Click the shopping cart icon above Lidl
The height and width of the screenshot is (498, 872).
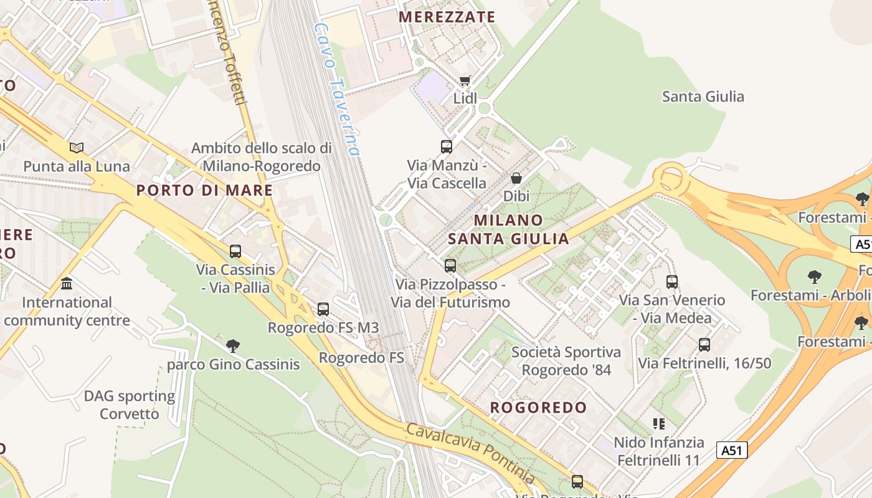[x=465, y=80]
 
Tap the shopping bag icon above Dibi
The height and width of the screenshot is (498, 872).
[x=516, y=178]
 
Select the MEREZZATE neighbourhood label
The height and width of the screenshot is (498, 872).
[x=447, y=17]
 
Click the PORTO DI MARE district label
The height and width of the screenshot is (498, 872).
[x=204, y=190]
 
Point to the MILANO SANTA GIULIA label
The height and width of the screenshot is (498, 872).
[x=508, y=229]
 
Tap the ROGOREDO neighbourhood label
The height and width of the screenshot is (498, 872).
[x=538, y=408]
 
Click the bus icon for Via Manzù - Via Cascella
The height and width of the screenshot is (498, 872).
[x=447, y=147]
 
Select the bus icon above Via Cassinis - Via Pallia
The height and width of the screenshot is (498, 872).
[x=235, y=251]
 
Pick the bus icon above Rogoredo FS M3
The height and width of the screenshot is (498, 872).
[x=323, y=309]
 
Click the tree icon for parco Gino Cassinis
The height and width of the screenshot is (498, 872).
[x=233, y=345]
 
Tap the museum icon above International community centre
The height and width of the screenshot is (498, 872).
[x=67, y=284]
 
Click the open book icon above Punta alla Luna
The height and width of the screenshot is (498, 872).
[x=77, y=148]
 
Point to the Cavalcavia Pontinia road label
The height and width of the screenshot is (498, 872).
[x=470, y=453]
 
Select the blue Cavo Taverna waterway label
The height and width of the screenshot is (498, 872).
[x=336, y=90]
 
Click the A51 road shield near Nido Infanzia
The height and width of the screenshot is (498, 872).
[x=731, y=450]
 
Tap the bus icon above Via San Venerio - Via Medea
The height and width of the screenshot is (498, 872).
[x=672, y=281]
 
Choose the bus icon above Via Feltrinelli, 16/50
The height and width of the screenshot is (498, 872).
[x=704, y=344]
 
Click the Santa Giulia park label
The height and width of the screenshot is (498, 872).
[x=703, y=96]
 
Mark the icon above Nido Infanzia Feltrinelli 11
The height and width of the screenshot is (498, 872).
[x=659, y=424]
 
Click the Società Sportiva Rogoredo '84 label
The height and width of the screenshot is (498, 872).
[x=566, y=361]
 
